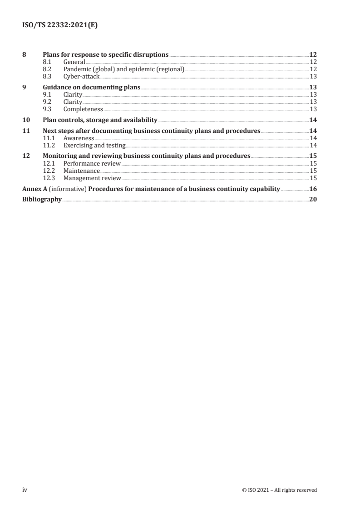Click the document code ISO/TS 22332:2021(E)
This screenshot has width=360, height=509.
click(x=60, y=26)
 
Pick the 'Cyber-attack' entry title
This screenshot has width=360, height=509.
click(x=81, y=77)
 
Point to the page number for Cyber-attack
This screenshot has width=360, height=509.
click(x=313, y=77)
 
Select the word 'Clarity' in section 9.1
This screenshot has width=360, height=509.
click(x=73, y=95)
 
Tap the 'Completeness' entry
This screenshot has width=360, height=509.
click(x=83, y=109)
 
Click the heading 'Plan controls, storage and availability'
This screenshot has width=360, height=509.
click(x=100, y=120)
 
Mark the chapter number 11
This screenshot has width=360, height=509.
click(x=26, y=131)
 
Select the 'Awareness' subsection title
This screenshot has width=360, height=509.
click(x=79, y=138)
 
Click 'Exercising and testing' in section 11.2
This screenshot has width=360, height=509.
click(x=94, y=146)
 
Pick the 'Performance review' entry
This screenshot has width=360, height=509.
click(x=92, y=164)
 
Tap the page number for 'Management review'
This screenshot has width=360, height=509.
click(x=313, y=178)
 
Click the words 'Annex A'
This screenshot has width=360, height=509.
click(x=35, y=189)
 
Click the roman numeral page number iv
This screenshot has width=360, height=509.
click(x=25, y=490)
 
